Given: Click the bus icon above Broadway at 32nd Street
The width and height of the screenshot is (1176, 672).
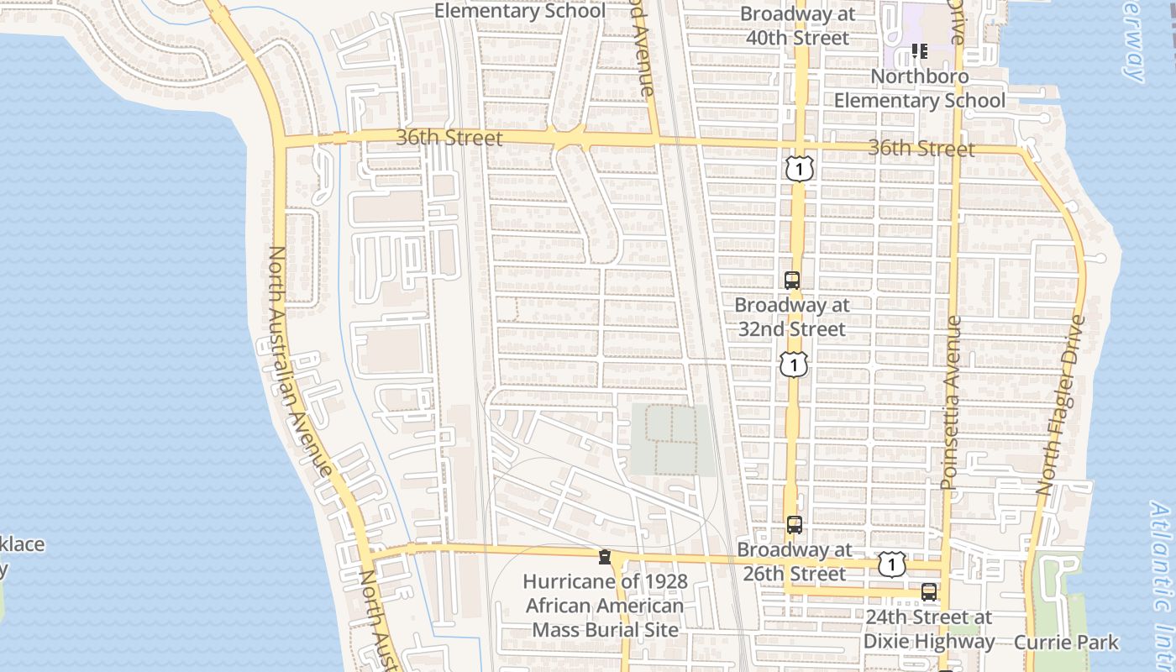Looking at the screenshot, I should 791,281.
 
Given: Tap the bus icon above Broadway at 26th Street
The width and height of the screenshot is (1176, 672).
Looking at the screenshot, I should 794,525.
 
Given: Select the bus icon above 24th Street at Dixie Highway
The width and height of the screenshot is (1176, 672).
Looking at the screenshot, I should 928,591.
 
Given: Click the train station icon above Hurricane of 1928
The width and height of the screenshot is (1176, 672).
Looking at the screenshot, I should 604,556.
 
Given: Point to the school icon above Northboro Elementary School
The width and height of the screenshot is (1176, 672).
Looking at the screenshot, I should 919,52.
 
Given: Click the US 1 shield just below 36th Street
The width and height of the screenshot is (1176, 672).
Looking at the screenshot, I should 800,168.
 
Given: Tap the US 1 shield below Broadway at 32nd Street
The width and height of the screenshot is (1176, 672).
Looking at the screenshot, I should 793,364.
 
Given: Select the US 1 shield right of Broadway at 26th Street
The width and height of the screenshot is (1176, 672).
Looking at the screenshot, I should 891,564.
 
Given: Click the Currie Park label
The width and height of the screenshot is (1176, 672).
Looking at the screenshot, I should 1066,643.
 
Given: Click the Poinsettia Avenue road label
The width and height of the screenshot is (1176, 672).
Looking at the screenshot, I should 950,403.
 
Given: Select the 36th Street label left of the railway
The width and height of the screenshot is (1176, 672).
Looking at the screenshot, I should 449,138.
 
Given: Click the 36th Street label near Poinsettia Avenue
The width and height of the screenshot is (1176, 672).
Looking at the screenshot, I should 921,149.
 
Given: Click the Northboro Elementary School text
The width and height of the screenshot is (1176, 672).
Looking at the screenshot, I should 919,88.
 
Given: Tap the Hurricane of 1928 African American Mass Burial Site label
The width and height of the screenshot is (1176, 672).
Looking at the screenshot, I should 604,605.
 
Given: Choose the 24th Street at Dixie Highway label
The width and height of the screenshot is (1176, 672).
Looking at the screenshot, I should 929,629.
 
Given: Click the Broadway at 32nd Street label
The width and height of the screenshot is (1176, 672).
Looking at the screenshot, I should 791,317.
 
